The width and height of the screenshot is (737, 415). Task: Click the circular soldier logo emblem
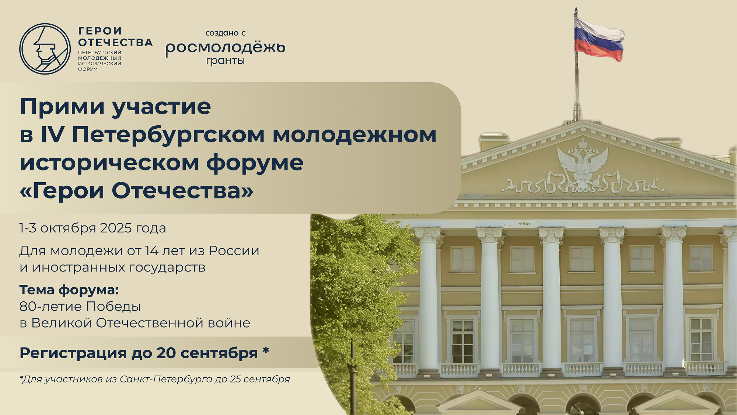45,49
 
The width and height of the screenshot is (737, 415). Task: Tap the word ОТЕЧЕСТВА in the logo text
115,42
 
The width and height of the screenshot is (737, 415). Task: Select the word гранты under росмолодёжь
225,61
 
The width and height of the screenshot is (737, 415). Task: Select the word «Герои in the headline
62,191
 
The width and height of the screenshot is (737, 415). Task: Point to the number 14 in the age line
151,251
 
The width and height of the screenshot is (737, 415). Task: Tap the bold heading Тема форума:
69,290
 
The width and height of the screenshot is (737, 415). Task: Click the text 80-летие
50,307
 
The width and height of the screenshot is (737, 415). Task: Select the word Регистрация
73,353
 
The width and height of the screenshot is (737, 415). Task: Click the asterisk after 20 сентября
266,350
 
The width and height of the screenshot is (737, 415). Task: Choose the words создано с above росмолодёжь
225,33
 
